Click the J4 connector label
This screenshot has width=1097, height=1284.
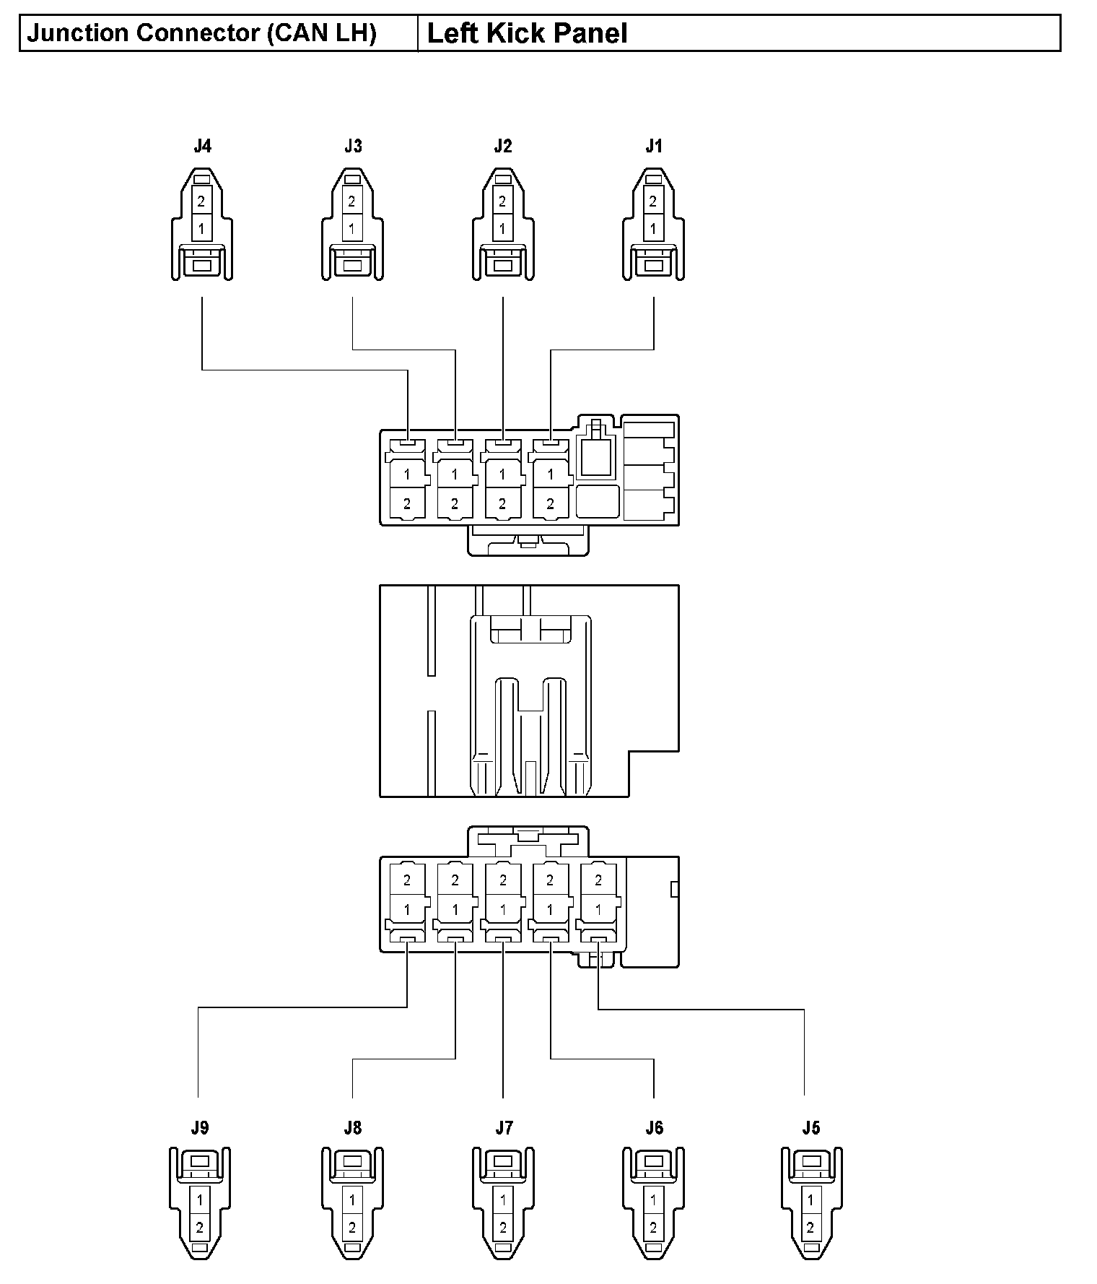(202, 147)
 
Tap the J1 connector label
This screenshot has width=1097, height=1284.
(653, 147)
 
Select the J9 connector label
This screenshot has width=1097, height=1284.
(200, 1128)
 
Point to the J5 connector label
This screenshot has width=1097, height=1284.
(810, 1128)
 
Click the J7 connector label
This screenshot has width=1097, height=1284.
(504, 1128)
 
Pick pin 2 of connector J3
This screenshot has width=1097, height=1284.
(351, 201)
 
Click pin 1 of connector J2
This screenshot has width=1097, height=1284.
(502, 230)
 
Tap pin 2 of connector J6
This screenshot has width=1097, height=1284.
(653, 1227)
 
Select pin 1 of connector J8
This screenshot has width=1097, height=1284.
(351, 1200)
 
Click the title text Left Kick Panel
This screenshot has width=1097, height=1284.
(527, 34)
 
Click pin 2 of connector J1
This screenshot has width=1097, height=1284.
(652, 201)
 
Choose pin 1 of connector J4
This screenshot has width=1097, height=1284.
(201, 230)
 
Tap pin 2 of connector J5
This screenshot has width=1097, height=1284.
(810, 1227)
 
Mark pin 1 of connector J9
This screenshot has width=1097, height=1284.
(200, 1200)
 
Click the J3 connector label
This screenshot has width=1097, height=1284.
(353, 147)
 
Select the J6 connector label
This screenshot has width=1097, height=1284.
(654, 1128)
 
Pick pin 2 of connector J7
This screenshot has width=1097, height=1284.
(502, 1227)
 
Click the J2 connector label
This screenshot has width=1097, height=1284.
(503, 147)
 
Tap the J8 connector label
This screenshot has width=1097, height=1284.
(353, 1128)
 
